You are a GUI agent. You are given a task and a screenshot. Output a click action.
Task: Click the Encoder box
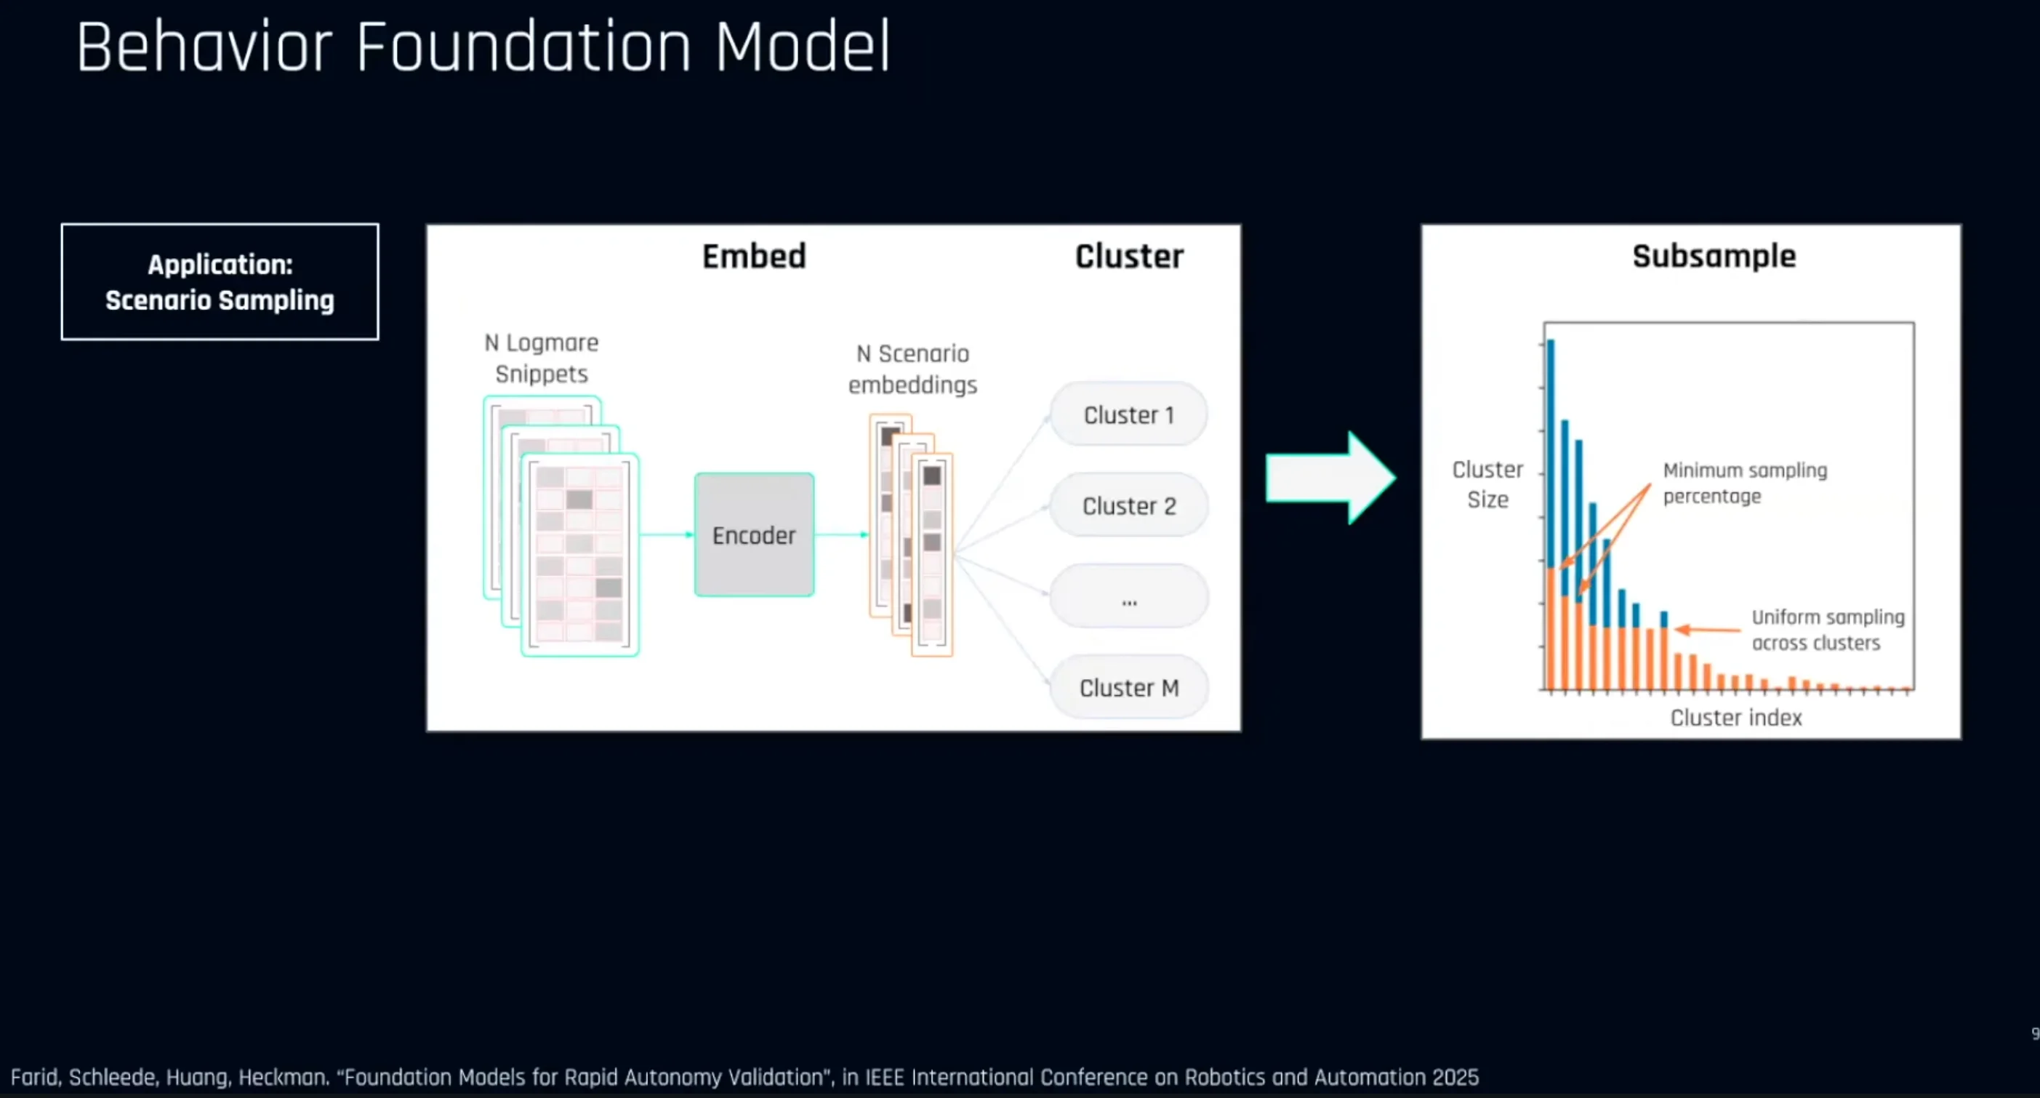tap(754, 534)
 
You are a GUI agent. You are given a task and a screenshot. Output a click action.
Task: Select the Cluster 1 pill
tap(1128, 414)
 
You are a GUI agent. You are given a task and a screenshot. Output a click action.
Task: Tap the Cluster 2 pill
tap(1128, 505)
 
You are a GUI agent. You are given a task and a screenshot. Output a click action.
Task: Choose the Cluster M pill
tap(1128, 687)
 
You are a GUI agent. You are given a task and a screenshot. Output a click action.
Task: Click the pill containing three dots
tap(1128, 596)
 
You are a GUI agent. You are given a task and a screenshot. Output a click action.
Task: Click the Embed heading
tap(754, 256)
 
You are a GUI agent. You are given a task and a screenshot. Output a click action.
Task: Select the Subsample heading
tap(1714, 256)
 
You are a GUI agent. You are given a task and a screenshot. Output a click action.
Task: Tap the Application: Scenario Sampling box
tap(220, 282)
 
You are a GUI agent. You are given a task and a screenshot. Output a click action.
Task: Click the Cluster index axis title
tap(1736, 717)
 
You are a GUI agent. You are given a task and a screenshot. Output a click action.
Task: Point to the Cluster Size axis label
tap(1487, 484)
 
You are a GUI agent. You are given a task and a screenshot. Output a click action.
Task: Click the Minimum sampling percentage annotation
tap(1745, 482)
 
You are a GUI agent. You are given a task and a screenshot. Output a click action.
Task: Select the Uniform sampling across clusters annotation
tap(1827, 629)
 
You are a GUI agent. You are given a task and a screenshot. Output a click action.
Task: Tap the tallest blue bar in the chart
tap(1551, 452)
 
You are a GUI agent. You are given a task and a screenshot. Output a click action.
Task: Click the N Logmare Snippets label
tap(542, 358)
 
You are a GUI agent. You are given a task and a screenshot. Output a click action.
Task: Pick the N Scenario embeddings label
tap(912, 369)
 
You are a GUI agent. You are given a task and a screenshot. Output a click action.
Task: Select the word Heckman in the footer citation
tap(283, 1077)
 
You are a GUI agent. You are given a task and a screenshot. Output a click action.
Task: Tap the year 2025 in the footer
tap(1455, 1077)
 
